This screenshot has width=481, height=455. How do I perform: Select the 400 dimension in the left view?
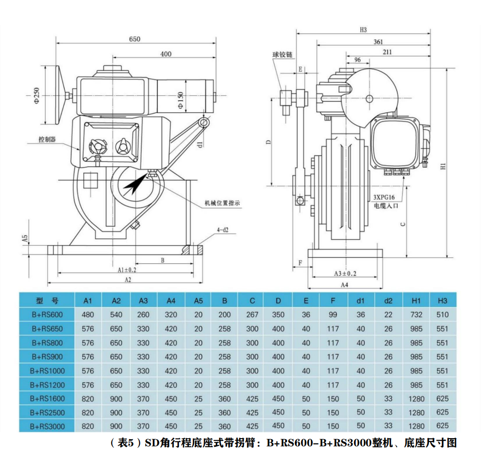pyautogui.click(x=165, y=54)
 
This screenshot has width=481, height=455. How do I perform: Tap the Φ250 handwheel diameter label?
pyautogui.click(x=37, y=95)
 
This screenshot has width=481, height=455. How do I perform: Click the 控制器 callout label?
pyautogui.click(x=47, y=139)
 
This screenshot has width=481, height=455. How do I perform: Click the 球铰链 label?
pyautogui.click(x=282, y=55)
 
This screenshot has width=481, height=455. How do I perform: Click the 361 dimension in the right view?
pyautogui.click(x=378, y=42)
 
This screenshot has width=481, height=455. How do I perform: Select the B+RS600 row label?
pyautogui.click(x=47, y=314)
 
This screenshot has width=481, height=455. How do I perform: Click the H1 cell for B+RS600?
pyautogui.click(x=416, y=314)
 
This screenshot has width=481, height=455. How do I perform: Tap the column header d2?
pyautogui.click(x=388, y=301)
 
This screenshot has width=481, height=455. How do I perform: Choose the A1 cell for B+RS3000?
pyautogui.click(x=88, y=426)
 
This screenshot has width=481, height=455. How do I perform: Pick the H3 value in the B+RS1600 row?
pyautogui.click(x=443, y=399)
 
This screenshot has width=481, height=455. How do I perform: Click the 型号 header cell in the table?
pyautogui.click(x=47, y=301)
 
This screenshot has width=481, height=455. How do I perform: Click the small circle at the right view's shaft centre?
pyautogui.click(x=369, y=99)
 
